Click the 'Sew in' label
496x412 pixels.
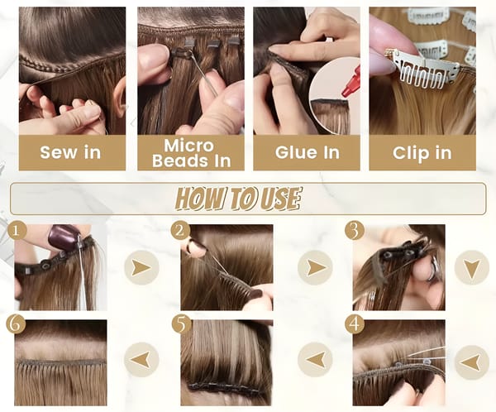70,152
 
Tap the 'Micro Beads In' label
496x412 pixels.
191,153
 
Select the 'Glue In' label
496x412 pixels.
308,152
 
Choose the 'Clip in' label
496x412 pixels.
422,153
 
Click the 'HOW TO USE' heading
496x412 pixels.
237,199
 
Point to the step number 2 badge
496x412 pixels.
180,231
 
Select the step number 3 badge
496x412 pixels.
355,231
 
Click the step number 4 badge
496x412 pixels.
355,324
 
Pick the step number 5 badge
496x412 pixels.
181,324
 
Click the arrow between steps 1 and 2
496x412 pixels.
141,267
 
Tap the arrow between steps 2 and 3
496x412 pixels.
315,267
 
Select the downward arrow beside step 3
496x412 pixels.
472,267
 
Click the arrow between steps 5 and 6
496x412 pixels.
141,360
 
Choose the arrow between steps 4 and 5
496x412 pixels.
315,360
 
